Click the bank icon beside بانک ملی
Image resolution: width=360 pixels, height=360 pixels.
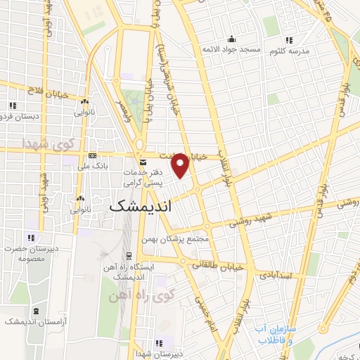(93, 154)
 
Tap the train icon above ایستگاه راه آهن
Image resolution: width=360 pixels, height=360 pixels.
(128, 256)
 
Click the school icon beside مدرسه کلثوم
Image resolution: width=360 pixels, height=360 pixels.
(288, 39)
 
